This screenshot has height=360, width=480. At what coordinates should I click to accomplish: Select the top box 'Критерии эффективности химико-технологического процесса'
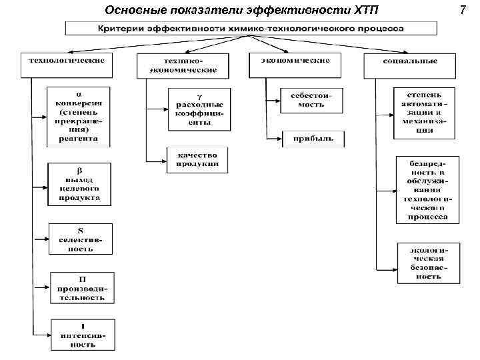pos(251,29)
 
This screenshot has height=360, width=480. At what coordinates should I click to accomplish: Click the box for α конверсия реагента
pos(79,116)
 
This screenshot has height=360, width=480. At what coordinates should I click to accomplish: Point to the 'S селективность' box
pos(80,239)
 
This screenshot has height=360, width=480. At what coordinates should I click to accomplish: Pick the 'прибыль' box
pos(313,140)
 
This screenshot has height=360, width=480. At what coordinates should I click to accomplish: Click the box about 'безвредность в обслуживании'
pos(427,189)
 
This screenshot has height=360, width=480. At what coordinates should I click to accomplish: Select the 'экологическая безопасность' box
pos(427,262)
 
